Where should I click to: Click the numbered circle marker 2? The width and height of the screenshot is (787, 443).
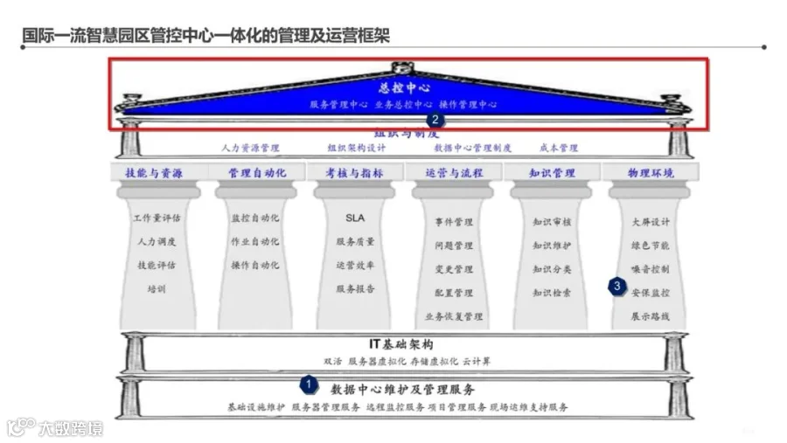pyautogui.click(x=434, y=121)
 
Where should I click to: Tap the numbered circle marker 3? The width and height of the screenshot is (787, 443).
pyautogui.click(x=617, y=285)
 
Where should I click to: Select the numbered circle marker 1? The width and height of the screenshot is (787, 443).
pyautogui.click(x=308, y=383)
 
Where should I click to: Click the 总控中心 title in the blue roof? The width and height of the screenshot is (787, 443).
pyautogui.click(x=404, y=88)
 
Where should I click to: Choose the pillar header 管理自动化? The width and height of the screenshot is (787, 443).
pyautogui.click(x=256, y=173)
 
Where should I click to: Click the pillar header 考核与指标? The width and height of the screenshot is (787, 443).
pyautogui.click(x=354, y=173)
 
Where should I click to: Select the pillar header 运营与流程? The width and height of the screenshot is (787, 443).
pyautogui.click(x=454, y=173)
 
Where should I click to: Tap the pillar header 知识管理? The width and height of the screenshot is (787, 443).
pyautogui.click(x=552, y=173)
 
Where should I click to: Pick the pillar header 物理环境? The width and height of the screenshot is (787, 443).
pyautogui.click(x=651, y=173)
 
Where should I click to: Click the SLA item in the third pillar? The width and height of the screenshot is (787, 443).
pyautogui.click(x=355, y=218)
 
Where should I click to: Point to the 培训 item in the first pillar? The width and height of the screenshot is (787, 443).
pyautogui.click(x=156, y=289)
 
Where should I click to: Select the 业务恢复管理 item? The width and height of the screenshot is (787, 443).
pyautogui.click(x=454, y=316)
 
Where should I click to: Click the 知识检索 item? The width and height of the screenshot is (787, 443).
pyautogui.click(x=552, y=293)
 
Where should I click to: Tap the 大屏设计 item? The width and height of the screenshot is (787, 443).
pyautogui.click(x=651, y=222)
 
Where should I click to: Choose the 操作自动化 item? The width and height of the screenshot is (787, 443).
pyautogui.click(x=255, y=265)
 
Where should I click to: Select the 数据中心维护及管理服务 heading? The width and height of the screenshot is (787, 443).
pyautogui.click(x=403, y=389)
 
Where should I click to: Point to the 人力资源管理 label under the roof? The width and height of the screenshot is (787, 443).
pyautogui.click(x=250, y=149)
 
